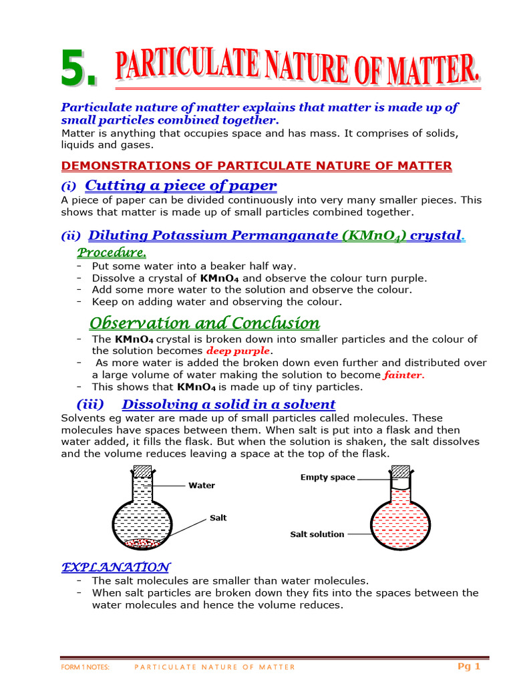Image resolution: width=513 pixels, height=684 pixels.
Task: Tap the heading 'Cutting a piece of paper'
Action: point(181,185)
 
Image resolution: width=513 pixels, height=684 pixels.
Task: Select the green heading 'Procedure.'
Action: point(112,252)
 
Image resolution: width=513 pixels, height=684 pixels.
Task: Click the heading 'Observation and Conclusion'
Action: point(204,323)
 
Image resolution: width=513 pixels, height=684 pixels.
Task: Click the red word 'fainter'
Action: point(403,375)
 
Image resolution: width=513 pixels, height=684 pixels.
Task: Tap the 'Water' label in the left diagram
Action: point(201,486)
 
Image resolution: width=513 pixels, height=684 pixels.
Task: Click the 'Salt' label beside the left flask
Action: point(218,518)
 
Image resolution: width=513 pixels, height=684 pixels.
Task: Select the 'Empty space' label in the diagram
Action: point(327,478)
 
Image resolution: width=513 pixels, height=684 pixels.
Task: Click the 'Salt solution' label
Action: point(317,534)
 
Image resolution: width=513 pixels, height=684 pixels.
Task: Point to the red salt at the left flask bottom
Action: point(144,542)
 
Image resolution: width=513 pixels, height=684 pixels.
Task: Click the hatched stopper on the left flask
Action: point(144,472)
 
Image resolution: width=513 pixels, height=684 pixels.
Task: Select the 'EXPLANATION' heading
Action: point(116,567)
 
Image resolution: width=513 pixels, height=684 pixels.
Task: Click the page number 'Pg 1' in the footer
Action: point(468,666)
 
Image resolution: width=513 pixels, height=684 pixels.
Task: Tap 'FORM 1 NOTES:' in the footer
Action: point(85,667)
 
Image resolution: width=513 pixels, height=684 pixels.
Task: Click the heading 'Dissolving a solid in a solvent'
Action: point(228,404)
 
